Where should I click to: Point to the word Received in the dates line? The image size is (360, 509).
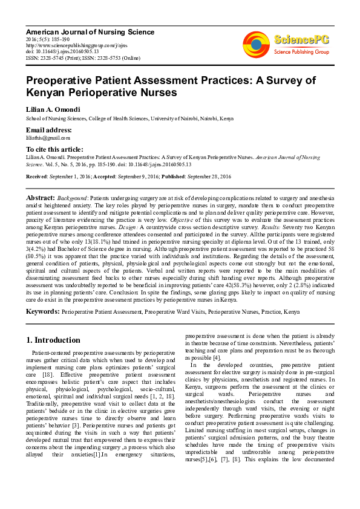click(x=37, y=176)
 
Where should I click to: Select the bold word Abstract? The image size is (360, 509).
click(x=41, y=198)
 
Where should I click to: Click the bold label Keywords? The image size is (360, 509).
click(x=42, y=312)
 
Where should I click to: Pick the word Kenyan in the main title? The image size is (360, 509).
click(x=50, y=92)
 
